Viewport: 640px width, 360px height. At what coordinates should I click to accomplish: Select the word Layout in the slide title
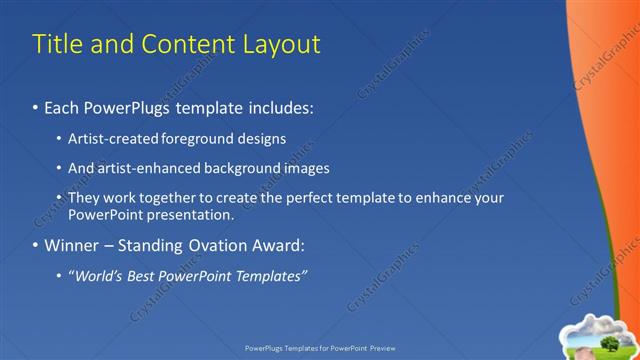click(x=283, y=44)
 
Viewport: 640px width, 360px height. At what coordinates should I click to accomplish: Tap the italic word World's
click(x=98, y=275)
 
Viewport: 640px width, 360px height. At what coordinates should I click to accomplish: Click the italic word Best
click(x=145, y=275)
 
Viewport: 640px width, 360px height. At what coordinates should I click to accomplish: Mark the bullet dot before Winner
click(x=36, y=245)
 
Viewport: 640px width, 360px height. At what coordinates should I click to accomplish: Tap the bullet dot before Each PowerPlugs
click(x=36, y=105)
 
